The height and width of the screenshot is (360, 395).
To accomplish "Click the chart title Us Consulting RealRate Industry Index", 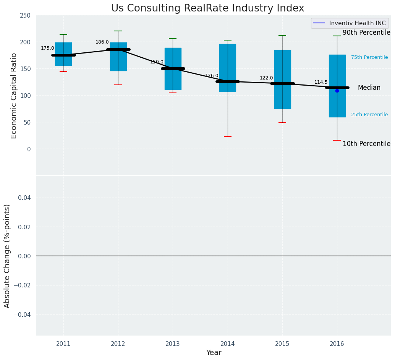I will tap(207, 8).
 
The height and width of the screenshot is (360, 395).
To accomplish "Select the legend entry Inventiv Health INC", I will tap(350, 23).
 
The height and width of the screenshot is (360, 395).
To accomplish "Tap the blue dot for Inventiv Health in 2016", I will tap(337, 91).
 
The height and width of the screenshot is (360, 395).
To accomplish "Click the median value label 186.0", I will tap(102, 42).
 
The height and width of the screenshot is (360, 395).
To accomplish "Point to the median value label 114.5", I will tap(321, 82).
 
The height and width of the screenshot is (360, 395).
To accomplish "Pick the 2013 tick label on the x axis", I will tap(173, 344).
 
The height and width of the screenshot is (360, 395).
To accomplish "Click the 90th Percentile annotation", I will tap(366, 33).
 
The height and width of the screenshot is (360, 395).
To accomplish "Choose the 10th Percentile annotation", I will tap(366, 144).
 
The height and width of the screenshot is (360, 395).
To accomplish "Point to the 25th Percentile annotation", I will tap(369, 115).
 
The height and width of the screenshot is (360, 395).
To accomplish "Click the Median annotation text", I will tap(369, 88).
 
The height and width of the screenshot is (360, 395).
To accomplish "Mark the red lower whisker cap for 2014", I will tap(228, 136).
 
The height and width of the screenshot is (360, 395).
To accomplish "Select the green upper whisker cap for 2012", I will tap(118, 31).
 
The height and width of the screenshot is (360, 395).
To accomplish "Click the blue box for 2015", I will tap(282, 69).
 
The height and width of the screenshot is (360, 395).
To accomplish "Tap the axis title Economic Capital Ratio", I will tap(14, 96).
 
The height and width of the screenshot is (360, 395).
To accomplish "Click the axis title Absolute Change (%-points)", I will tap(7, 256).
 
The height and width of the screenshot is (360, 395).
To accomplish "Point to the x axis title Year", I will tap(214, 353).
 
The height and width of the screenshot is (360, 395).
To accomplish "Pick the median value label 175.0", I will tap(47, 48).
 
